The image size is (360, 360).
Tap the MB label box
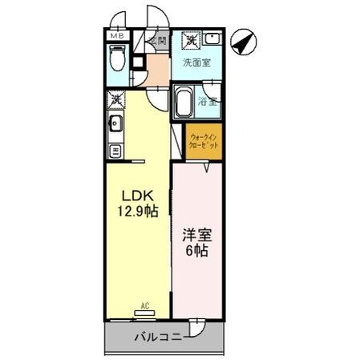click(x=116, y=36)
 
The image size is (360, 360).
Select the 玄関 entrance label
click(x=156, y=40)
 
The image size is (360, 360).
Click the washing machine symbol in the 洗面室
click(x=191, y=39)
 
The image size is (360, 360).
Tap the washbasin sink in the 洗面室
click(x=212, y=39)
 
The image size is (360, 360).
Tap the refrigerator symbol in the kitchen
click(x=115, y=99)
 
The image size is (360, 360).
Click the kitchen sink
click(x=115, y=123)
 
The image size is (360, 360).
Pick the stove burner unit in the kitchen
click(x=115, y=150)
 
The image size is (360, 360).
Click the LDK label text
click(x=135, y=196)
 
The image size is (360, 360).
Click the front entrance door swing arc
click(x=154, y=18)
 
